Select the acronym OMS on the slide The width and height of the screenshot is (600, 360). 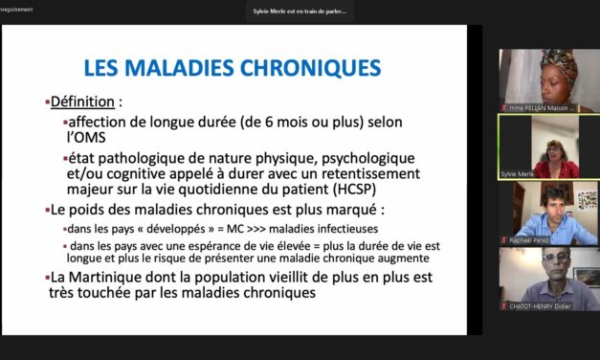click(x=91, y=139)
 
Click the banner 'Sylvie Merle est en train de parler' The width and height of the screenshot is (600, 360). click(x=300, y=11)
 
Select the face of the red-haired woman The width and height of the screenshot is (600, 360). click(x=554, y=152)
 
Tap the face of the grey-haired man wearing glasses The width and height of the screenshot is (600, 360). click(x=552, y=268)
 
